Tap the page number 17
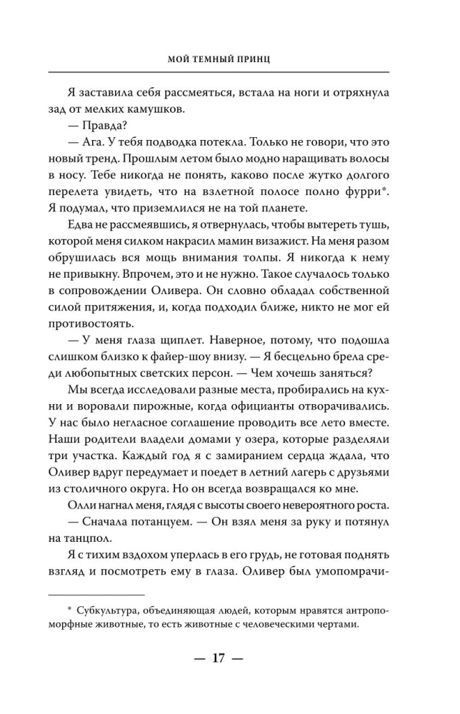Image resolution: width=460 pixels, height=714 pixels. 219,658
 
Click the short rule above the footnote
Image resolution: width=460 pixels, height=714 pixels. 96,593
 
